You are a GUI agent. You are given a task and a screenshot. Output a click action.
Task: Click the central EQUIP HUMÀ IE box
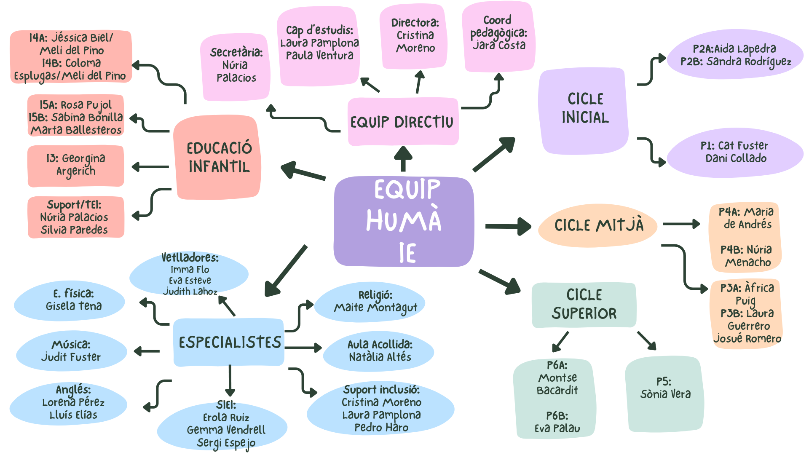tap(403, 221)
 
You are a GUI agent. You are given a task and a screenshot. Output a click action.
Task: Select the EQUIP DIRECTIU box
tap(402, 122)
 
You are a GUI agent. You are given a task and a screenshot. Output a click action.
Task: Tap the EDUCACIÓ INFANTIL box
tap(219, 157)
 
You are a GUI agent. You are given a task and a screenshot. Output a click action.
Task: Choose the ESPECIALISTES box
tap(229, 342)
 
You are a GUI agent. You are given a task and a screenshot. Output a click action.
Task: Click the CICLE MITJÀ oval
tap(598, 225)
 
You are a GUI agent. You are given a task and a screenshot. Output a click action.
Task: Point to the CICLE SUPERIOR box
tap(584, 305)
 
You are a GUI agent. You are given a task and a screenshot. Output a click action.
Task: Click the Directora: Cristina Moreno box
tap(414, 36)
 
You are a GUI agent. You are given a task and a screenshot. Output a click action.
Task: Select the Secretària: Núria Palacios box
tap(236, 65)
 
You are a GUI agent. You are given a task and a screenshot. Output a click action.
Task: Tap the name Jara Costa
tap(499, 45)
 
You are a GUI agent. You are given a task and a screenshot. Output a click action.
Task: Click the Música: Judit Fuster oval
tap(71, 351)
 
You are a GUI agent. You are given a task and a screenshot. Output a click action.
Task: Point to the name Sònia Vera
tap(665, 394)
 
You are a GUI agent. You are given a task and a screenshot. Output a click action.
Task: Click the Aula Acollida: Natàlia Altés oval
tap(379, 351)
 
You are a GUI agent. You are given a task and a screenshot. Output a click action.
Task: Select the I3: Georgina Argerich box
tap(76, 165)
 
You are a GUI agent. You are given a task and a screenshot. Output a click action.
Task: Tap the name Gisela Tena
tap(74, 306)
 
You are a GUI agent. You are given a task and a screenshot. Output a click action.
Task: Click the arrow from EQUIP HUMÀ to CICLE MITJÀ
tap(508, 226)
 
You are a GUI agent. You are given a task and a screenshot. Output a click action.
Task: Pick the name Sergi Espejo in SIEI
tap(226, 443)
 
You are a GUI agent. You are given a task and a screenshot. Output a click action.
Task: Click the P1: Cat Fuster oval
tap(735, 152)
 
